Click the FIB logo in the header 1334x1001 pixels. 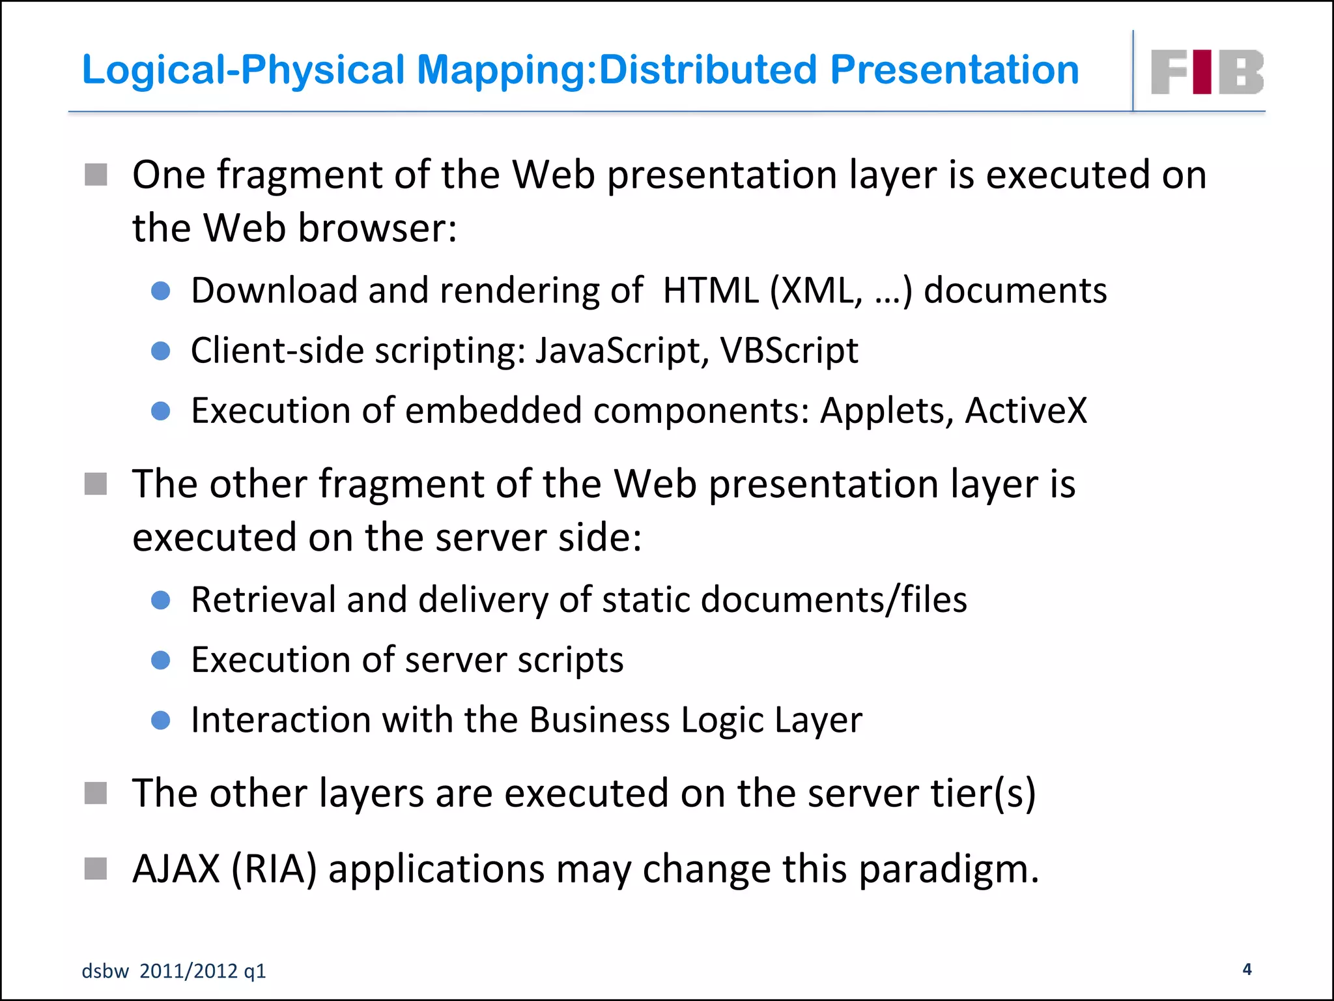(x=1207, y=72)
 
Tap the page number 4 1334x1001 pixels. (x=1247, y=969)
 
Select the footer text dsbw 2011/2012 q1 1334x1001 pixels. (x=174, y=971)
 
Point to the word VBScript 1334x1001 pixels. (x=789, y=351)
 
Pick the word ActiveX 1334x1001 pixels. (x=1026, y=411)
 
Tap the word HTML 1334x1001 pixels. (x=711, y=290)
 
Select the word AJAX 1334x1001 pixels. (x=177, y=869)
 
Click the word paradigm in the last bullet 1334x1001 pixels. (x=948, y=870)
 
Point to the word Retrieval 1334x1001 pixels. (x=263, y=600)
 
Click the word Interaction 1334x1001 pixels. (x=281, y=719)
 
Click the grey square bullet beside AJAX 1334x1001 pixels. (x=96, y=868)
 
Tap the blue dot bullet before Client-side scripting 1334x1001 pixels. (x=160, y=351)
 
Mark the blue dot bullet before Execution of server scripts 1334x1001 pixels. (x=160, y=660)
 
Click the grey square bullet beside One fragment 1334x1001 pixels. (x=96, y=175)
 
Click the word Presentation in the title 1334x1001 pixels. (x=954, y=70)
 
